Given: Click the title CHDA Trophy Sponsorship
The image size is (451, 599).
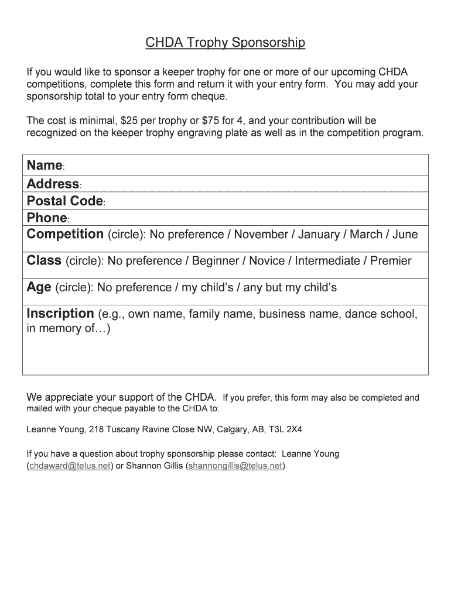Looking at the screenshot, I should [225, 43].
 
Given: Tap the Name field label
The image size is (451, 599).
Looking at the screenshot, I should [44, 166].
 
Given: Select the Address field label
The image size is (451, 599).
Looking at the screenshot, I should [53, 184].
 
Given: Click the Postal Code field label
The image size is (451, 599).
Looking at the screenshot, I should [64, 201].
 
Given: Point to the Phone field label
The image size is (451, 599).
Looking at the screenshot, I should [47, 218].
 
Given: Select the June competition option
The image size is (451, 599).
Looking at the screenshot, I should [405, 235].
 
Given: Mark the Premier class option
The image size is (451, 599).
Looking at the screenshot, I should [391, 261].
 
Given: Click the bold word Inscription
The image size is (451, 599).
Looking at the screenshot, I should [60, 314].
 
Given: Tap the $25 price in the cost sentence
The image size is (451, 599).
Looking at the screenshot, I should [132, 121].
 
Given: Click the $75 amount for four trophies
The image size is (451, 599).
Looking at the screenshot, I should [211, 121].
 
